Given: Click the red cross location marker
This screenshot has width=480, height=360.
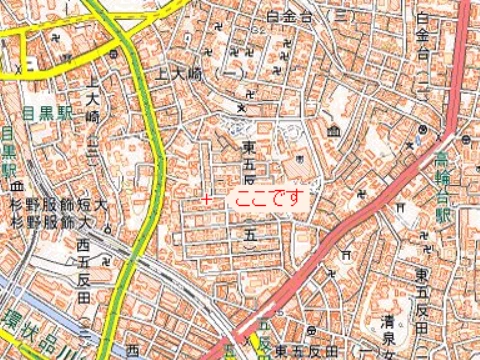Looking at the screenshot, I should pyautogui.click(x=206, y=200).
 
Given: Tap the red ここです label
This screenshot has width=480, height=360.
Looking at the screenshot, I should pyautogui.click(x=266, y=197).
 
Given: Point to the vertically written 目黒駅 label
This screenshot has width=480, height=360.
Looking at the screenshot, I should pyautogui.click(x=8, y=150).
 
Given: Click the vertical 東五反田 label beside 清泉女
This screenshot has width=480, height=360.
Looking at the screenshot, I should pyautogui.click(x=422, y=289).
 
